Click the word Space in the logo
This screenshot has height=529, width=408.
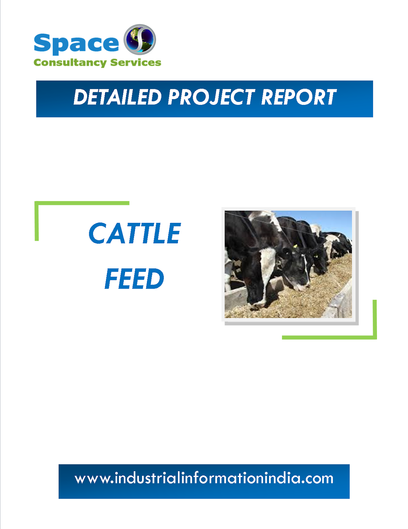(76, 43)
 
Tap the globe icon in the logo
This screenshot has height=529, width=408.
(140, 39)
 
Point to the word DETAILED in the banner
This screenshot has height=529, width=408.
(117, 97)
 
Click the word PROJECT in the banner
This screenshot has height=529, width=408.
(211, 97)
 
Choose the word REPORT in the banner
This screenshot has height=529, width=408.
(298, 97)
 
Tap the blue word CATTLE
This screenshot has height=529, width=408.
(135, 233)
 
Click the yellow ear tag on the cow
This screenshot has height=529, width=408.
(295, 246)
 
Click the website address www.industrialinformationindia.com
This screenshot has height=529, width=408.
(204, 479)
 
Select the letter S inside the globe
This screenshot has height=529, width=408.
(140, 40)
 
